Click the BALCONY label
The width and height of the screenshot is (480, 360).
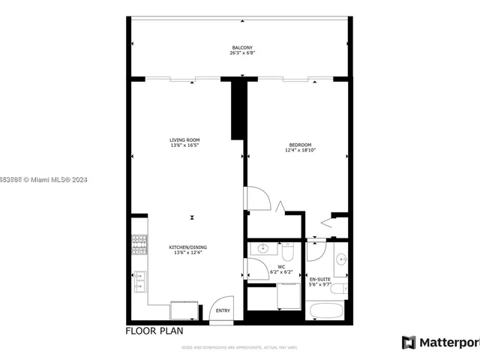click(x=237, y=48)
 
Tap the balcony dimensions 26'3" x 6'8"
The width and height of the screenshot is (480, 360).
click(x=237, y=53)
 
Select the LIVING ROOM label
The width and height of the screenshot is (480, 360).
click(x=184, y=139)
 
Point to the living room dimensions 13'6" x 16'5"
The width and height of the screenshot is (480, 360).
click(x=184, y=145)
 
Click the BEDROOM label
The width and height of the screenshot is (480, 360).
click(x=300, y=145)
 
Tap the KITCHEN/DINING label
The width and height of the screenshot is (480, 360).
click(x=187, y=247)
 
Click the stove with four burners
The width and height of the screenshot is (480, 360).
click(x=139, y=243)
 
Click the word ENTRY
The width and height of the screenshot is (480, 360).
click(x=223, y=310)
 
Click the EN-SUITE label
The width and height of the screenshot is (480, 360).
click(x=319, y=280)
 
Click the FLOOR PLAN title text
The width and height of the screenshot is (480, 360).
click(x=153, y=331)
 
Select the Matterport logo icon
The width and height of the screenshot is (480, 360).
click(x=409, y=342)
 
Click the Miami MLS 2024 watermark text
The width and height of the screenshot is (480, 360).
click(x=45, y=179)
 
